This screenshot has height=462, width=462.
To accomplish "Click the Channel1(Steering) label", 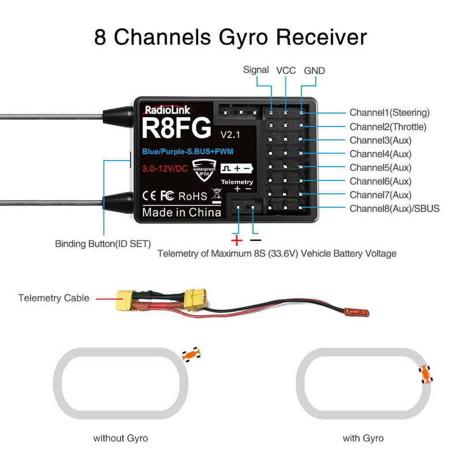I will (389, 113).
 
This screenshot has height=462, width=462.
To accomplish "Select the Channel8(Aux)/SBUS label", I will (394, 208).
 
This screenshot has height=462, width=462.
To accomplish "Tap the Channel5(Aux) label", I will (380, 167).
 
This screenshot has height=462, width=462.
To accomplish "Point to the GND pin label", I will (314, 70).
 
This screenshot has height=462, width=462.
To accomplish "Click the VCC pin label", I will (286, 70).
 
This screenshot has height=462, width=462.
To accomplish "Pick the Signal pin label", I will (256, 70).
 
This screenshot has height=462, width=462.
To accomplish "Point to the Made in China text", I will (181, 212).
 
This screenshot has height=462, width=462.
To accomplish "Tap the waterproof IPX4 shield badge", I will (202, 167).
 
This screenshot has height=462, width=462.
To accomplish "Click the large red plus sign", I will (236, 240).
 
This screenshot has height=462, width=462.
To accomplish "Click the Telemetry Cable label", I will (54, 298).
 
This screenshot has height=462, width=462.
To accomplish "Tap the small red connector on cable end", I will (356, 312).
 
